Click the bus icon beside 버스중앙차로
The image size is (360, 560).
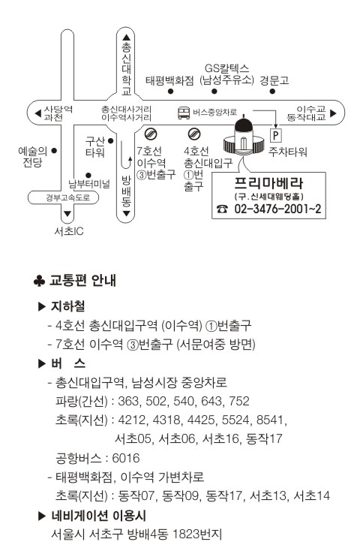(x=184, y=113)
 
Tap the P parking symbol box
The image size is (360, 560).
(x=275, y=135)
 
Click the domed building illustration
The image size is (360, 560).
(x=244, y=137)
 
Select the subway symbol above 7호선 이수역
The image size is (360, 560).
(x=151, y=134)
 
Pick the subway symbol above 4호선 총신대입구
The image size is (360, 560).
(x=194, y=134)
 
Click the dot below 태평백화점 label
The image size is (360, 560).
(x=170, y=92)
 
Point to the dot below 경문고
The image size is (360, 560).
(x=272, y=92)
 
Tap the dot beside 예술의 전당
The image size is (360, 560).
(x=54, y=151)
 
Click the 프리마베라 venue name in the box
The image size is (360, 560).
(x=269, y=183)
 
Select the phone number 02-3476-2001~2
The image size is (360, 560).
(x=277, y=209)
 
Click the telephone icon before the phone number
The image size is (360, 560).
(x=222, y=209)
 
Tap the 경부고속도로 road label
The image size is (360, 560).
(x=67, y=197)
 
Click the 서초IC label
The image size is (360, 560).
(x=69, y=231)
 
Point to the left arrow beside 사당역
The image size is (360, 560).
(x=37, y=113)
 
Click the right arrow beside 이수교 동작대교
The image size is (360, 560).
(x=333, y=113)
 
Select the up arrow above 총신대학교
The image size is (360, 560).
(x=127, y=37)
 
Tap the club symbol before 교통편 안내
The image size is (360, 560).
(x=39, y=281)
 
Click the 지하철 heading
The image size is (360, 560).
(x=68, y=306)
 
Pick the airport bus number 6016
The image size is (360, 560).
(x=125, y=458)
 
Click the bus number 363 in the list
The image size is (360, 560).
(x=128, y=401)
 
